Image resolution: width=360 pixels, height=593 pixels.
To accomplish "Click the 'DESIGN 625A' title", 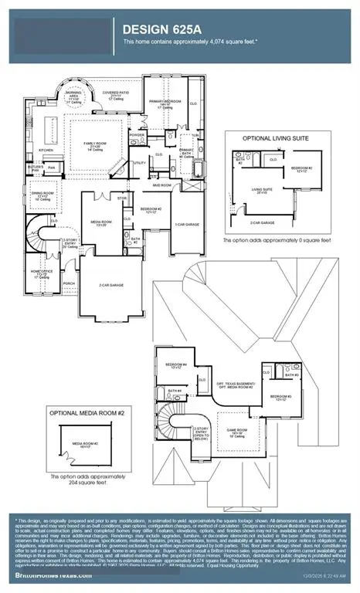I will point(161,29).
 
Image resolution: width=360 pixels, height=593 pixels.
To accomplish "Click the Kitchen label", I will point(46,151).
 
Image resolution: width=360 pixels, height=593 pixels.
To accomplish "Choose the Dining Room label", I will point(42,195).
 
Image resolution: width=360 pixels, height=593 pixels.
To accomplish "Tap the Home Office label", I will point(40,272).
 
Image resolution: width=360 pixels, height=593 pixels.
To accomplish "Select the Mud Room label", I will point(161,185).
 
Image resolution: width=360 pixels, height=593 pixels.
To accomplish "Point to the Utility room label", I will point(140,163).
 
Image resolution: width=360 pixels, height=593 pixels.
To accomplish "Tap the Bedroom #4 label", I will point(178,365).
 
